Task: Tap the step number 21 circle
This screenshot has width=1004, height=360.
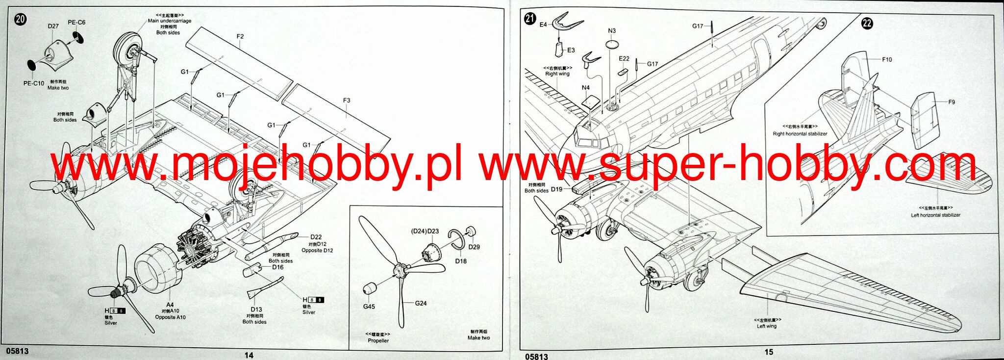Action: [x=529, y=19]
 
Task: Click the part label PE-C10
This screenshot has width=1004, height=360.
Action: [x=34, y=83]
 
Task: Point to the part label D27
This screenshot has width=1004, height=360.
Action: [x=53, y=26]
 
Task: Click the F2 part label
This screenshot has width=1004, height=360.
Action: [x=240, y=37]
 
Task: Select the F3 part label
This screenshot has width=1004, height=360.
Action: [x=347, y=101]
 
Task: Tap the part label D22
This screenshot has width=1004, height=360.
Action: [x=316, y=237]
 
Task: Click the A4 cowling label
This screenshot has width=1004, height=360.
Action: [x=170, y=305]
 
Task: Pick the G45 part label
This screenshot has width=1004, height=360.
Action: [x=369, y=307]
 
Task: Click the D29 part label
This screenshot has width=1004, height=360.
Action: [x=474, y=247]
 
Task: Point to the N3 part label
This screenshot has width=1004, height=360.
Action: [x=612, y=31]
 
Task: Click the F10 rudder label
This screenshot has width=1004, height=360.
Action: [x=887, y=60]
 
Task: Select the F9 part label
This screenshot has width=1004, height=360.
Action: [x=951, y=103]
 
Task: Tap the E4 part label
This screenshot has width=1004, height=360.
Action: [x=543, y=25]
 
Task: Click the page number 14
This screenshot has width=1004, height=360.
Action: [x=249, y=355]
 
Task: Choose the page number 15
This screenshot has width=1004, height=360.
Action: [x=768, y=352]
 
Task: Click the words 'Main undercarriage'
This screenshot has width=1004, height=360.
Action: [x=170, y=21]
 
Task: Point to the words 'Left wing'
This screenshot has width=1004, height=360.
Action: [x=766, y=326]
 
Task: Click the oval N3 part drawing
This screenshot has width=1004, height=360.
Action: [x=612, y=44]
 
